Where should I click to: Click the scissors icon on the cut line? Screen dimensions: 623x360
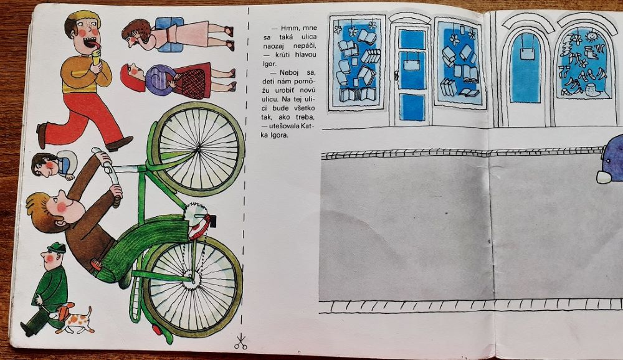pos(240,342)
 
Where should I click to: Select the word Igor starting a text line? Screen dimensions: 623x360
pos(269,64)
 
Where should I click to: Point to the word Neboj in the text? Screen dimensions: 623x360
pos(291,73)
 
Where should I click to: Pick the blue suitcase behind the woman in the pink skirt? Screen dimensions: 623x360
pos(169,35)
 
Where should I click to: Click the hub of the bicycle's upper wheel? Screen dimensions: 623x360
pos(198,149)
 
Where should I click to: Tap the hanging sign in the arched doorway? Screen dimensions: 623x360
pos(527,52)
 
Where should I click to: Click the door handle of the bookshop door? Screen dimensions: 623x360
pos(396,74)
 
